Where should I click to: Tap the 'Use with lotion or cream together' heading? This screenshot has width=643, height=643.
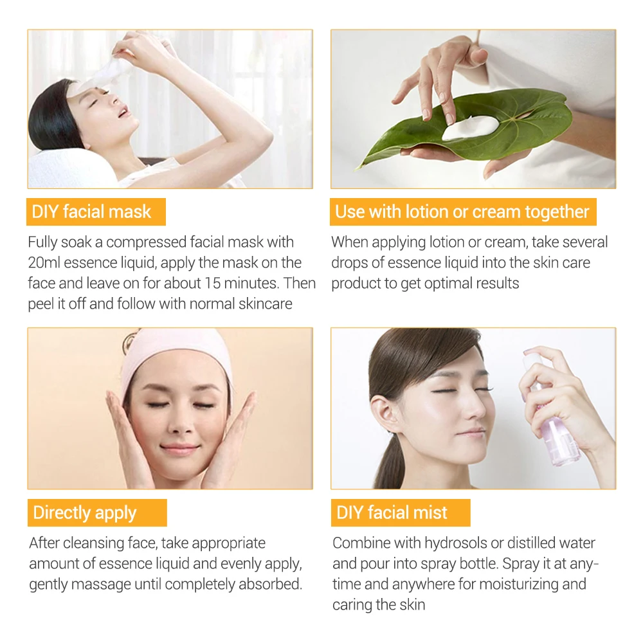point(462,212)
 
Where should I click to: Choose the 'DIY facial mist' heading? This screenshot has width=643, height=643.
point(392,512)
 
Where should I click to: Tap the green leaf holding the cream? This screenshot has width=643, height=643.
point(514,122)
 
